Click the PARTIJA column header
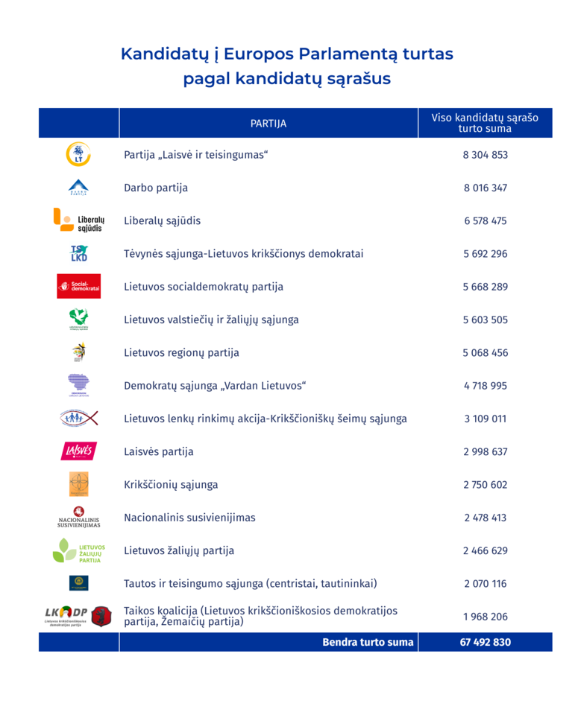(268, 124)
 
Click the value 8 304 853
(485, 155)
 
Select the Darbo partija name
(156, 188)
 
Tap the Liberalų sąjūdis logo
(78, 220)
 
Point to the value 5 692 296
(485, 254)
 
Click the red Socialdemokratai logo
(78, 287)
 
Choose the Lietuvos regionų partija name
(181, 352)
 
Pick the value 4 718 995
(485, 386)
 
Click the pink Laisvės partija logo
(78, 451)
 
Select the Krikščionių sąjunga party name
(171, 485)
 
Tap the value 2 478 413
(485, 518)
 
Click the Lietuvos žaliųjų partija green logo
(78, 550)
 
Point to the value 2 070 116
(485, 584)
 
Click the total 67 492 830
(486, 642)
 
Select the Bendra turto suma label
(368, 642)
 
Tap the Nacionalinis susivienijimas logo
(78, 517)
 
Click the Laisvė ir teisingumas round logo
(78, 154)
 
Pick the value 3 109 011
(485, 419)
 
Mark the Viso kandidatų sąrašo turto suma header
(485, 123)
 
